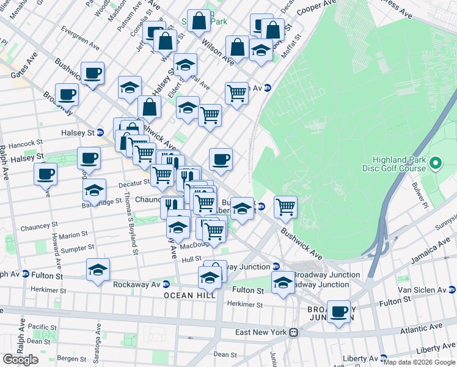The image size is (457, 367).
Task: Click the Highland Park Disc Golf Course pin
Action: tap(436, 163)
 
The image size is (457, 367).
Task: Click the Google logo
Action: tap(20, 360)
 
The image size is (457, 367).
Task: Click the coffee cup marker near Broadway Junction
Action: tap(338, 311)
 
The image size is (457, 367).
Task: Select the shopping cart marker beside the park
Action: tap(285, 207)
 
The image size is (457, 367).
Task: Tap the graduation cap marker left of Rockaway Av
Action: tap(98, 270)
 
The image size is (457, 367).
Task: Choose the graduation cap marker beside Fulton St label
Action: tap(282, 283)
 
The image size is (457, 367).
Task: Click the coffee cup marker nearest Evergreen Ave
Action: tap(92, 73)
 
